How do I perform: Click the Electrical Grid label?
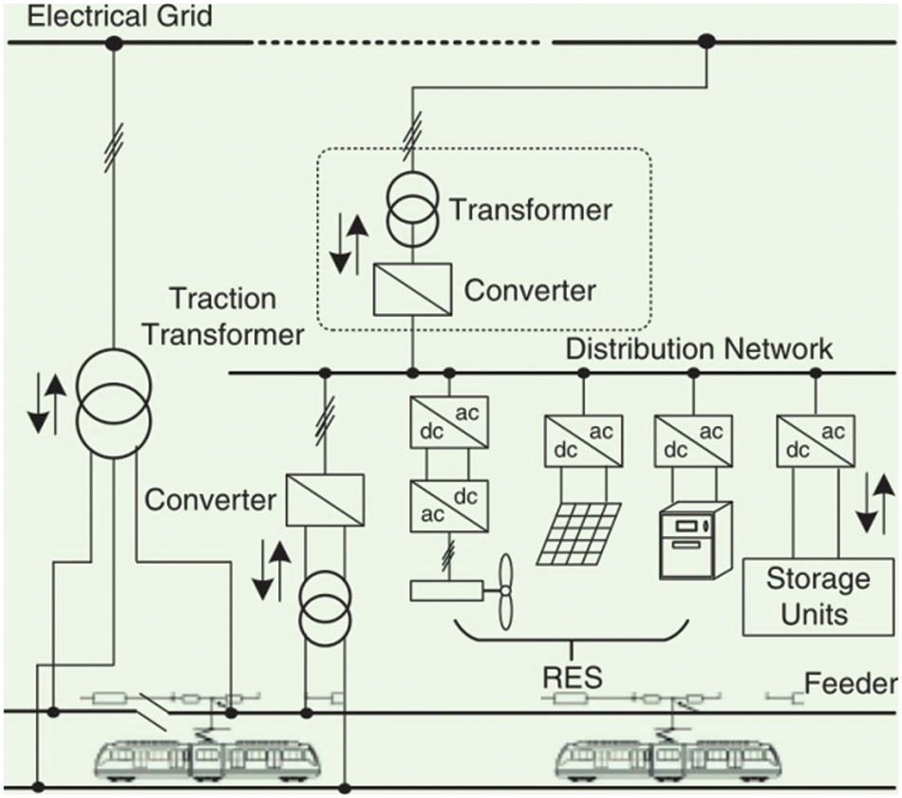(120, 15)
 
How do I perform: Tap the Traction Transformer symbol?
(115, 403)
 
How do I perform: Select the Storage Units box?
(818, 597)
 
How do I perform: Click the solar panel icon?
(579, 533)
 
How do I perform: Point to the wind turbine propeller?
(505, 591)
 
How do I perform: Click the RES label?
(573, 677)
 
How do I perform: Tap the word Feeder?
(851, 683)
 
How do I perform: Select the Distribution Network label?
(699, 349)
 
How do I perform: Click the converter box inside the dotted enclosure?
(412, 289)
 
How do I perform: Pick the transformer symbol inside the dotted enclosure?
(412, 209)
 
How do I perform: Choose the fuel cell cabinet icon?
(695, 540)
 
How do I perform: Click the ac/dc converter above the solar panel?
(583, 440)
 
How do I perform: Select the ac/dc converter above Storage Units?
(816, 440)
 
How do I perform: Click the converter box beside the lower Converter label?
(325, 500)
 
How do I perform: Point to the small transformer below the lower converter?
(325, 609)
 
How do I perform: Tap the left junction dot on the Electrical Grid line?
(115, 43)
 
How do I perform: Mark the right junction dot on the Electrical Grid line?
(706, 42)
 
